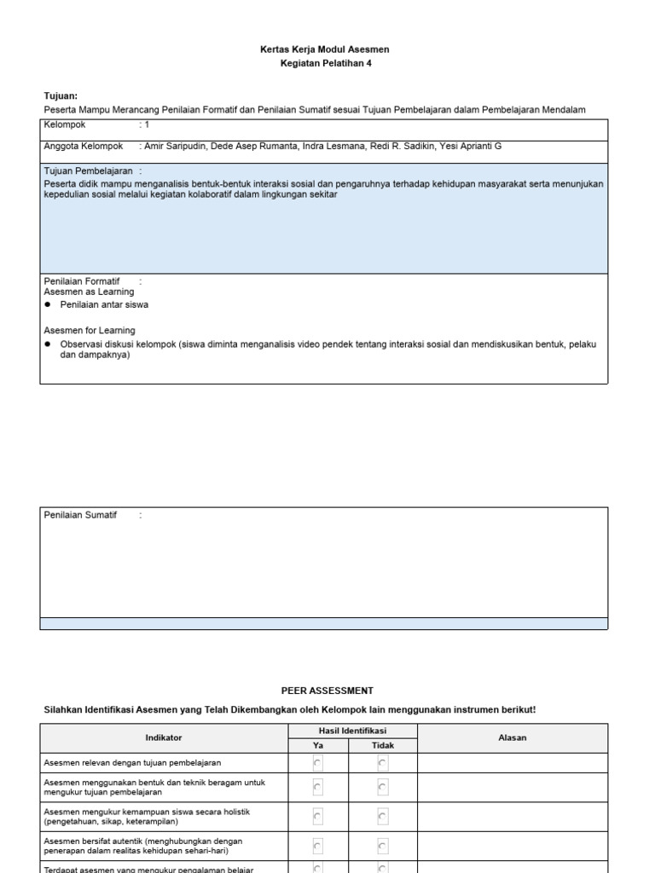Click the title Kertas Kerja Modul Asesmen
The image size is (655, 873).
pos(324,49)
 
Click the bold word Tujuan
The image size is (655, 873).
pos(61,96)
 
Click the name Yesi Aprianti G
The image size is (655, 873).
pos(470,147)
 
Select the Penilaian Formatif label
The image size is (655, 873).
pos(82,280)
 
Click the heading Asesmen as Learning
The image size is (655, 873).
pos(89,292)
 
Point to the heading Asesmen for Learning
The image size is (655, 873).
pos(89,330)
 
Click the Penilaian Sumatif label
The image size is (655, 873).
pos(80,515)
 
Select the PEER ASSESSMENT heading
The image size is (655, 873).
pos(327,691)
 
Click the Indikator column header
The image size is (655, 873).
pos(164,737)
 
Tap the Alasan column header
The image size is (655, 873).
pos(513,737)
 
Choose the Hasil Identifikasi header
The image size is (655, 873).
pos(352,731)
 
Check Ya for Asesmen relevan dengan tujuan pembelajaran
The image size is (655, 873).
pos(318,763)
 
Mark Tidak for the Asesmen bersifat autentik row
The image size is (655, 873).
pos(382,847)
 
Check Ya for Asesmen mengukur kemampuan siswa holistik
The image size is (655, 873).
pos(318,817)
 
